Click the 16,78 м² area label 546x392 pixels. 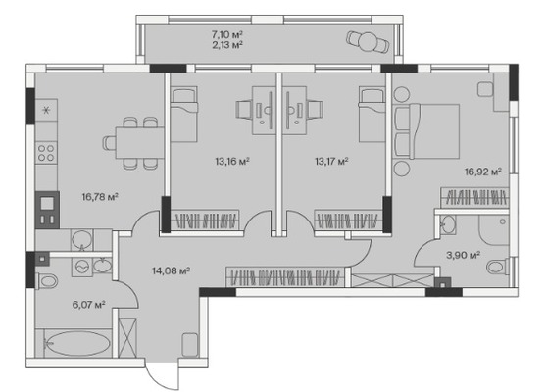pos(100,197)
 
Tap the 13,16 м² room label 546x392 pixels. pos(232,161)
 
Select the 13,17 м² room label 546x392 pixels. pos(332,161)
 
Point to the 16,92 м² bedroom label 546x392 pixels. pos(483,171)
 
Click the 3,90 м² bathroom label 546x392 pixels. pos(464,255)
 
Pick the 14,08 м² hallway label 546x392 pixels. pos(171,270)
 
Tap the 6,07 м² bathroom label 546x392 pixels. pos(89,305)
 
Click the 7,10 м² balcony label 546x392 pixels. pos(227,34)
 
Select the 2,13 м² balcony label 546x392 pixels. pos(227,44)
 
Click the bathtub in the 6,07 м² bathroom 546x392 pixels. pos(77,343)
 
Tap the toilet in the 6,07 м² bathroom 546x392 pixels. pos(47,281)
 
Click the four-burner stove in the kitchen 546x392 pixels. pos(46,153)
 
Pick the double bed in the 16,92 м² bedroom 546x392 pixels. pos(427,131)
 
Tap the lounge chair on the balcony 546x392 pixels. pos(368,42)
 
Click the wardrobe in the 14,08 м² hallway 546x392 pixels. pos(285,277)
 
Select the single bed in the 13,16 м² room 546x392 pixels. pos(184,115)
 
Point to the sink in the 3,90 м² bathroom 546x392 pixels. pos(447,224)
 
